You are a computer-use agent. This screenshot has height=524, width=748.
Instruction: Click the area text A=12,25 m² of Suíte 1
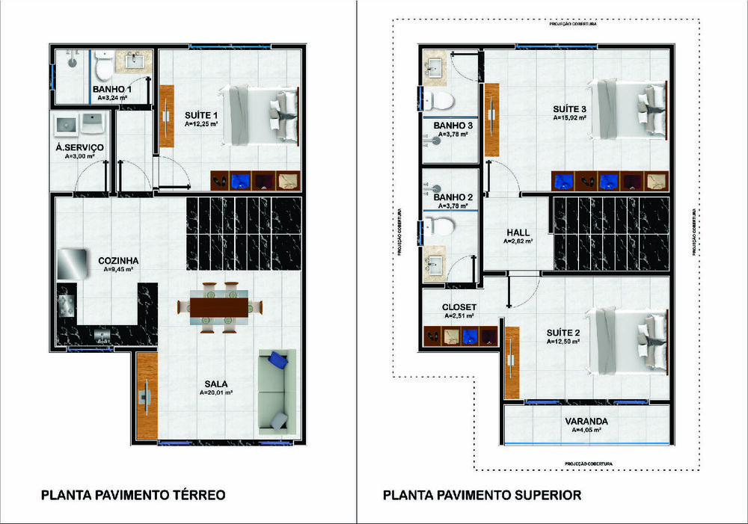pyautogui.click(x=201, y=125)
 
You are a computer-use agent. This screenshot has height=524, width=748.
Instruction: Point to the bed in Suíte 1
pyautogui.click(x=258, y=112)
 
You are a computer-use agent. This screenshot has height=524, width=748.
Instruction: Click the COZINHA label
pyautogui.click(x=120, y=260)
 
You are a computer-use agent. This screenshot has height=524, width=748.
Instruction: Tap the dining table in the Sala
pyautogui.click(x=220, y=306)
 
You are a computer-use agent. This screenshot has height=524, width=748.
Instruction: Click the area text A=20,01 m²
pyautogui.click(x=216, y=392)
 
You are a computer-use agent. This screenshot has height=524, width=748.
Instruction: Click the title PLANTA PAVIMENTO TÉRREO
pyautogui.click(x=132, y=495)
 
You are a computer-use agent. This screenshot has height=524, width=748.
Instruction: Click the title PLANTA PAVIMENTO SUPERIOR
pyautogui.click(x=482, y=495)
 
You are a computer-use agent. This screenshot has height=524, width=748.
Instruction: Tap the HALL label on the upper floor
pyautogui.click(x=518, y=232)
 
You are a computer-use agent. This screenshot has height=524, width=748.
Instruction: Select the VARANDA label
pyautogui.click(x=586, y=421)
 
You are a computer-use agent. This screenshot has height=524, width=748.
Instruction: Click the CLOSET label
pyautogui.click(x=459, y=306)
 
